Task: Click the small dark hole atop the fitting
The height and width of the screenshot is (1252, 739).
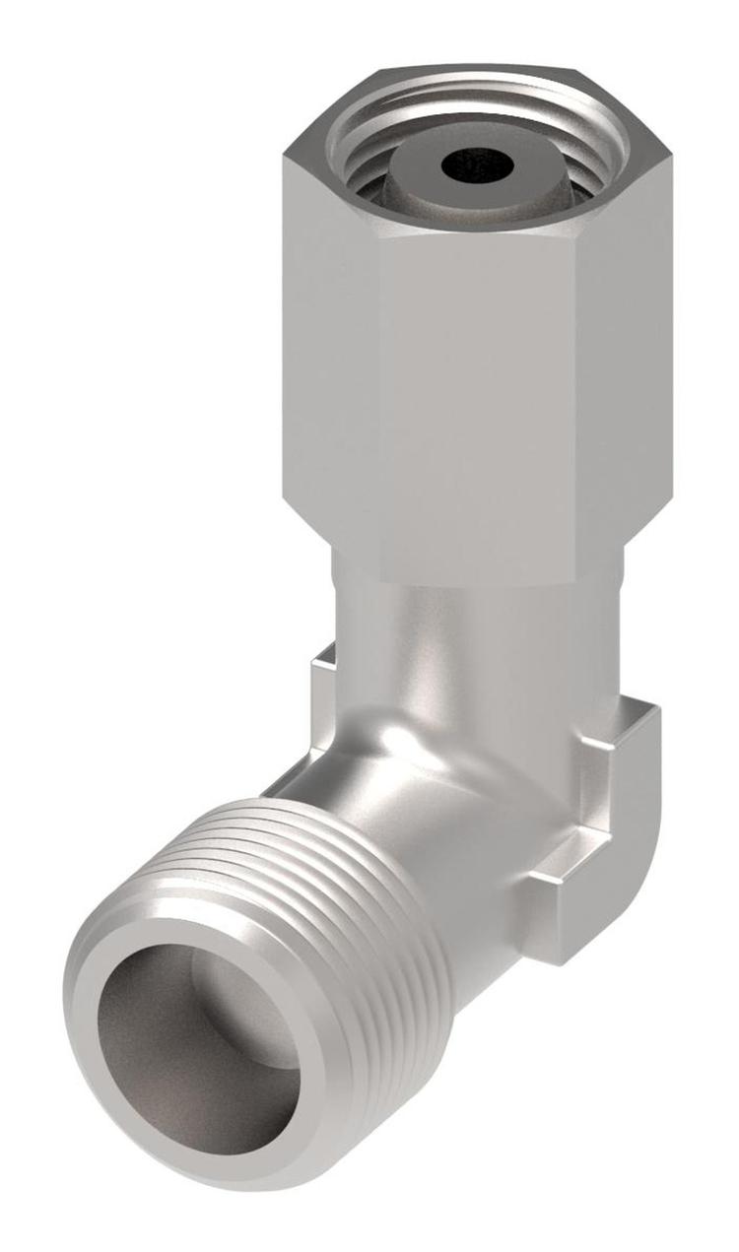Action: click(478, 165)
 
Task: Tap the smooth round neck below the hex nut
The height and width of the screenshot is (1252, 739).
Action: click(473, 630)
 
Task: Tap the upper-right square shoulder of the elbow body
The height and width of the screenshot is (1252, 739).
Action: click(636, 714)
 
